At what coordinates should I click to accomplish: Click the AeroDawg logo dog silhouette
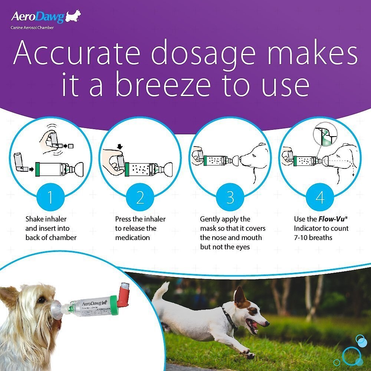(73, 17)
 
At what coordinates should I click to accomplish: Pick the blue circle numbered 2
(140, 197)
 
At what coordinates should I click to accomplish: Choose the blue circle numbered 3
(230, 197)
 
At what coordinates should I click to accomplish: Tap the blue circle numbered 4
(320, 197)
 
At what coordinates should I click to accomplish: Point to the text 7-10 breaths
(314, 237)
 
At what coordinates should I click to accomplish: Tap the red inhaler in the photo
(123, 295)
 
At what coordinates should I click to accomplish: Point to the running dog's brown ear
(240, 296)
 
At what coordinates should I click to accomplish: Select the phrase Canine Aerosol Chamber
(32, 27)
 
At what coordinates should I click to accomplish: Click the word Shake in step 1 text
(35, 219)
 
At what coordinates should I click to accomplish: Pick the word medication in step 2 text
(132, 237)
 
